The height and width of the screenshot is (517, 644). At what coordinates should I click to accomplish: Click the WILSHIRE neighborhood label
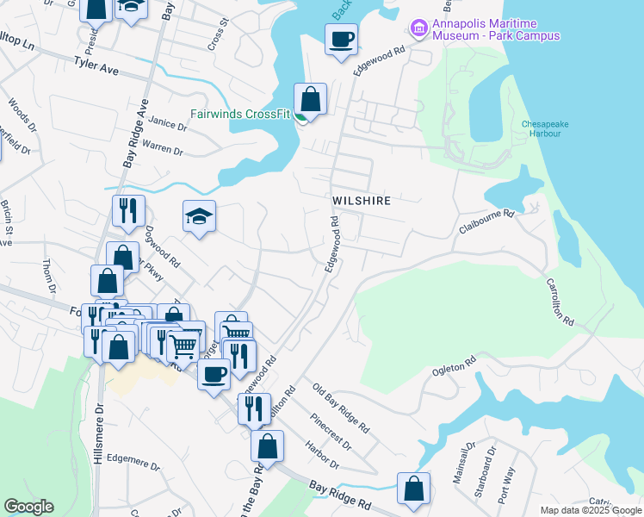[x=362, y=201]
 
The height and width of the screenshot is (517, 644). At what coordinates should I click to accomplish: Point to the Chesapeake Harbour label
[x=541, y=128]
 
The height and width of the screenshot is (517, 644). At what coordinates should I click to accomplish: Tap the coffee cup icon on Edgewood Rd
[x=341, y=39]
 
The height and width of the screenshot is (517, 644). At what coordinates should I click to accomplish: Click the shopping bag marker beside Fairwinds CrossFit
[x=310, y=99]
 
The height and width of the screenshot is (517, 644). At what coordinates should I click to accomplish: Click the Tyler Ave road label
[x=96, y=63]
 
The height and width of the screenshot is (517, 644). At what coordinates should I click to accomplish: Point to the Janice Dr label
[x=167, y=125]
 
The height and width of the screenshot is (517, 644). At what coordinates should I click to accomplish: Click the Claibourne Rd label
[x=486, y=221]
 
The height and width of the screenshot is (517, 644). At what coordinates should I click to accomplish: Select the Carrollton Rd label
[x=560, y=302]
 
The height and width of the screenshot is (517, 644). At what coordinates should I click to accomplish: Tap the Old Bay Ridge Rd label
[x=341, y=409]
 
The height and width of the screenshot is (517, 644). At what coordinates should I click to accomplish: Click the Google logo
[x=28, y=507]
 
